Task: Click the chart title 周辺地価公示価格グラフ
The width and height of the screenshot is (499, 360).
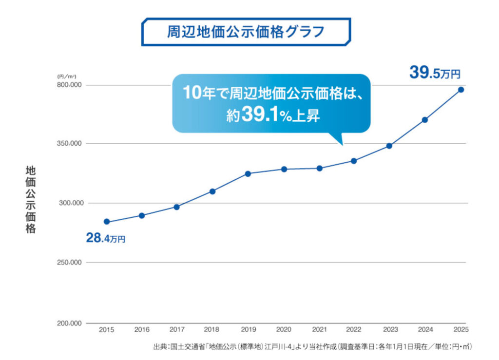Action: click(x=246, y=32)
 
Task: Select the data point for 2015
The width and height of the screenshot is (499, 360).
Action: click(x=107, y=222)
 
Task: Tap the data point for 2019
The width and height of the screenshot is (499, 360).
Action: click(x=248, y=173)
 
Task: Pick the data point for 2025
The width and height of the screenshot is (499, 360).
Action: click(x=461, y=90)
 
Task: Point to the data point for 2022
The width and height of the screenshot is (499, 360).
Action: click(x=354, y=161)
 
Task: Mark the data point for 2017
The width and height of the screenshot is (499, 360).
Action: click(x=177, y=207)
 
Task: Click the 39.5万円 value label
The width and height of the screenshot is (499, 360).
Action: click(x=434, y=74)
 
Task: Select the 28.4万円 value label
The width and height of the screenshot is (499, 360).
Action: click(x=106, y=239)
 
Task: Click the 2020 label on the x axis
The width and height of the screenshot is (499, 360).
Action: click(x=284, y=330)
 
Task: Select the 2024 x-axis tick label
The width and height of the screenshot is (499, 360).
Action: click(x=424, y=330)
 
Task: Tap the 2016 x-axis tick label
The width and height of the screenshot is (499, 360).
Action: click(x=142, y=330)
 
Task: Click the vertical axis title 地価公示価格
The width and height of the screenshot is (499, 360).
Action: click(x=31, y=200)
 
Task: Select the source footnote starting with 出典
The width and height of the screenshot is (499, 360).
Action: click(x=312, y=347)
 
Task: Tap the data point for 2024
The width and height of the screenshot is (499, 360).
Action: click(x=425, y=120)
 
